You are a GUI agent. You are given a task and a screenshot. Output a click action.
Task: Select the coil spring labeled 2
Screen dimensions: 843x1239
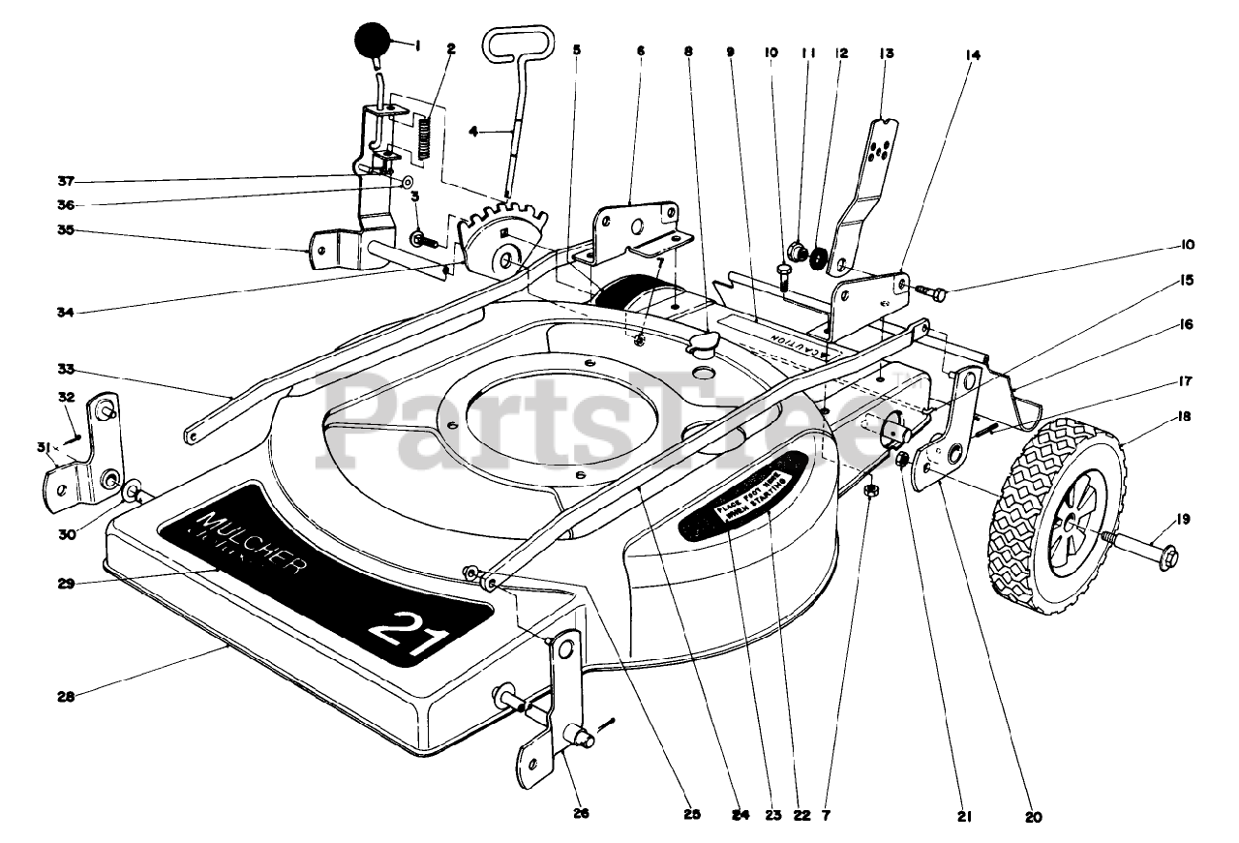coord(424,136)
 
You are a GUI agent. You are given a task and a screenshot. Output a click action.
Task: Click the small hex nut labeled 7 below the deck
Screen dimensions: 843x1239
coord(870,492)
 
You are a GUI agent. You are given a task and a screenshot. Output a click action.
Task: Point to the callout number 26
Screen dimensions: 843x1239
coord(582,813)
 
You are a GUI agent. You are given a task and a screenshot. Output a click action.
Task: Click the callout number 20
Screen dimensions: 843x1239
coord(1033,816)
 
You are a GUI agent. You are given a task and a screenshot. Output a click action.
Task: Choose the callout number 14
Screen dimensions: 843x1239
coord(972,55)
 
